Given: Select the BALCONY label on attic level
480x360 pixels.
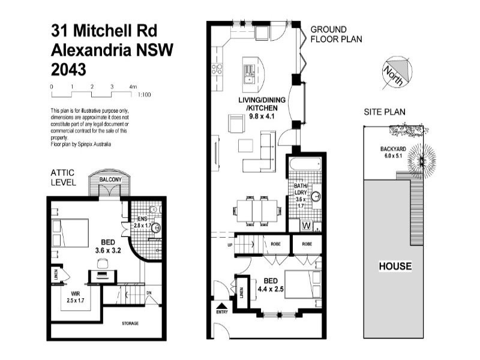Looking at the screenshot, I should [x=110, y=179].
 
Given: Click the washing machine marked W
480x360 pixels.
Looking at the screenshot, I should [x=307, y=226].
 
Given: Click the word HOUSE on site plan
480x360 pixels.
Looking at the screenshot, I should [x=394, y=266].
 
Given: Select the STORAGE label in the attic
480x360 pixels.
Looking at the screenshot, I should [x=130, y=323].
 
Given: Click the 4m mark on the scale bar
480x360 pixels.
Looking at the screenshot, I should [x=133, y=87].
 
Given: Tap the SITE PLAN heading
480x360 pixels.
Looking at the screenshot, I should [x=385, y=112].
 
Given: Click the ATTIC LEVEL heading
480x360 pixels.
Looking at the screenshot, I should [x=62, y=177].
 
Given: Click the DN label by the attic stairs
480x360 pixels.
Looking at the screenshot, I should [x=148, y=293].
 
